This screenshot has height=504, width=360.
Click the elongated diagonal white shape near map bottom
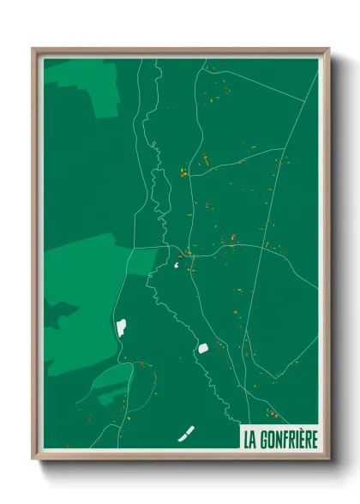pyautogui.click(x=186, y=435)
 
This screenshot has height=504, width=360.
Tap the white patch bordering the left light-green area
pyautogui.click(x=121, y=327)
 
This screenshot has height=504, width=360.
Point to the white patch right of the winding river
pyautogui.click(x=204, y=347)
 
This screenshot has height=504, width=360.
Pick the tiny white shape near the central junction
pyautogui.click(x=177, y=265)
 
